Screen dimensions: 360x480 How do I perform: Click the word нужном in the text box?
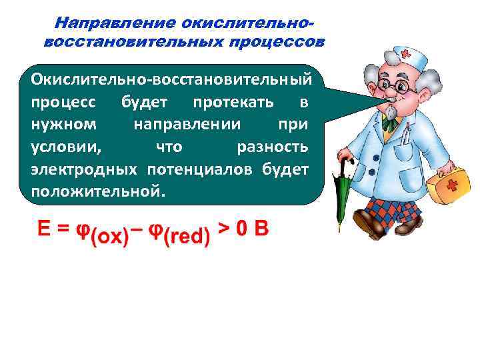click(64, 125)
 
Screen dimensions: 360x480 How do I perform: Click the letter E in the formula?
click(43, 229)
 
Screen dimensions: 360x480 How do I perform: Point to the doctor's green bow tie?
click(389, 122)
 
